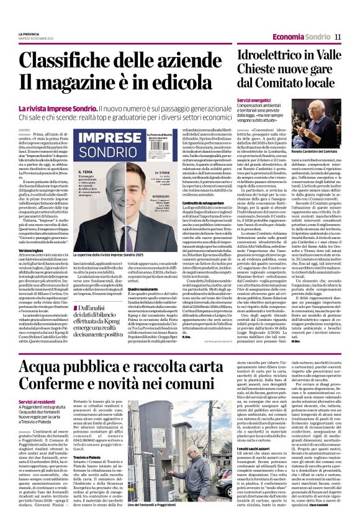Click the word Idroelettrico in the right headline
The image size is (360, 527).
[264, 55]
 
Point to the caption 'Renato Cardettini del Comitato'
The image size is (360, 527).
[321, 151]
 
